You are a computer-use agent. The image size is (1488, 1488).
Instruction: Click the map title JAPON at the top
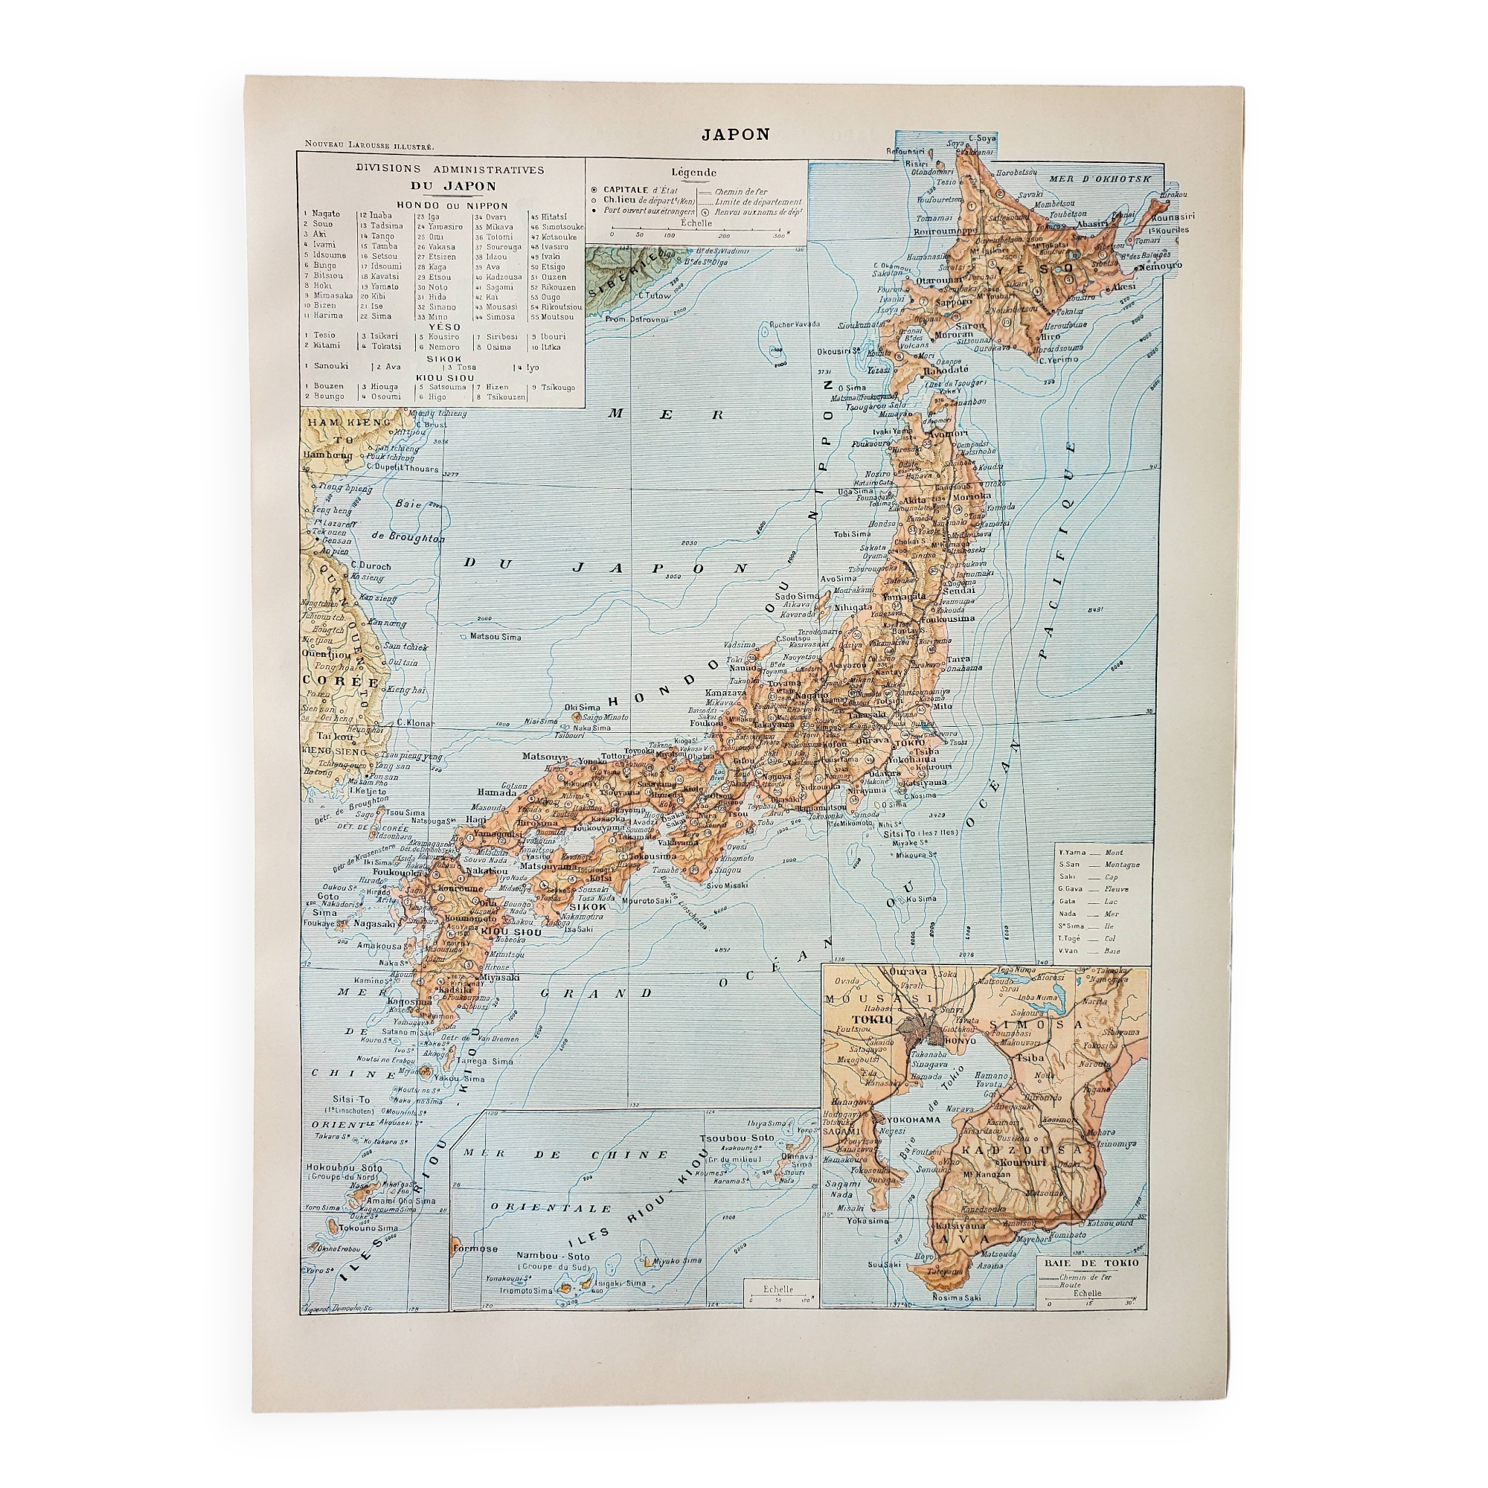click(x=735, y=133)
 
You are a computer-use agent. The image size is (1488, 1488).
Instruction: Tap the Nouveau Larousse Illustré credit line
click(x=369, y=145)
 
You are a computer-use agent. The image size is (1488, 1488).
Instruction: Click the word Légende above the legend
click(x=693, y=173)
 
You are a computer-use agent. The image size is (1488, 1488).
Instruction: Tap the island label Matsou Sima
click(x=495, y=636)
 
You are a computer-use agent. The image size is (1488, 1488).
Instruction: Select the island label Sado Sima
click(x=795, y=595)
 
